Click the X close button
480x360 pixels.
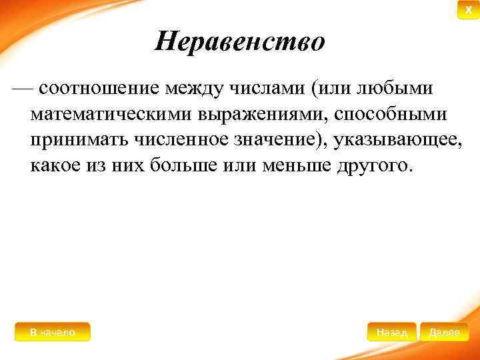(468, 10)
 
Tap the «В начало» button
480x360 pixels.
(52, 332)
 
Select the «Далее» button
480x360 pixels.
(445, 332)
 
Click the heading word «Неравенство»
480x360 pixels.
(240, 43)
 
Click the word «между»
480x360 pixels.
(198, 88)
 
